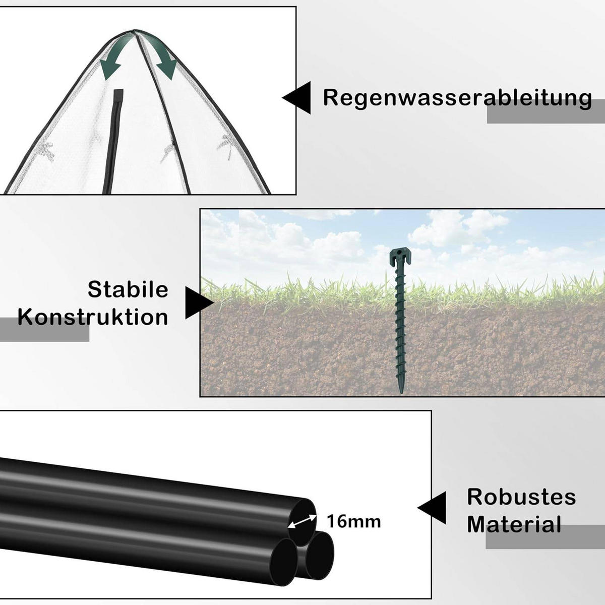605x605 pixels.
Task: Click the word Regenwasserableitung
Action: (x=457, y=98)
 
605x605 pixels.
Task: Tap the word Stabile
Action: (x=128, y=290)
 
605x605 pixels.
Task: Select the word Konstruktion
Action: (x=93, y=318)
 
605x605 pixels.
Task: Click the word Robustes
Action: (x=521, y=497)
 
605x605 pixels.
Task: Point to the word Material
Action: (x=514, y=524)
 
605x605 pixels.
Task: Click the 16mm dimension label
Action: (x=353, y=521)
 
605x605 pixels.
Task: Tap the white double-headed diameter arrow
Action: (x=302, y=521)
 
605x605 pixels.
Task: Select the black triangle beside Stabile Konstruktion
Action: (x=198, y=303)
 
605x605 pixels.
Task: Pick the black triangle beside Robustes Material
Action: (x=433, y=508)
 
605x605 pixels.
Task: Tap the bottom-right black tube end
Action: (x=319, y=556)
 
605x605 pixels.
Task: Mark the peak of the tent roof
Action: (x=135, y=31)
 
